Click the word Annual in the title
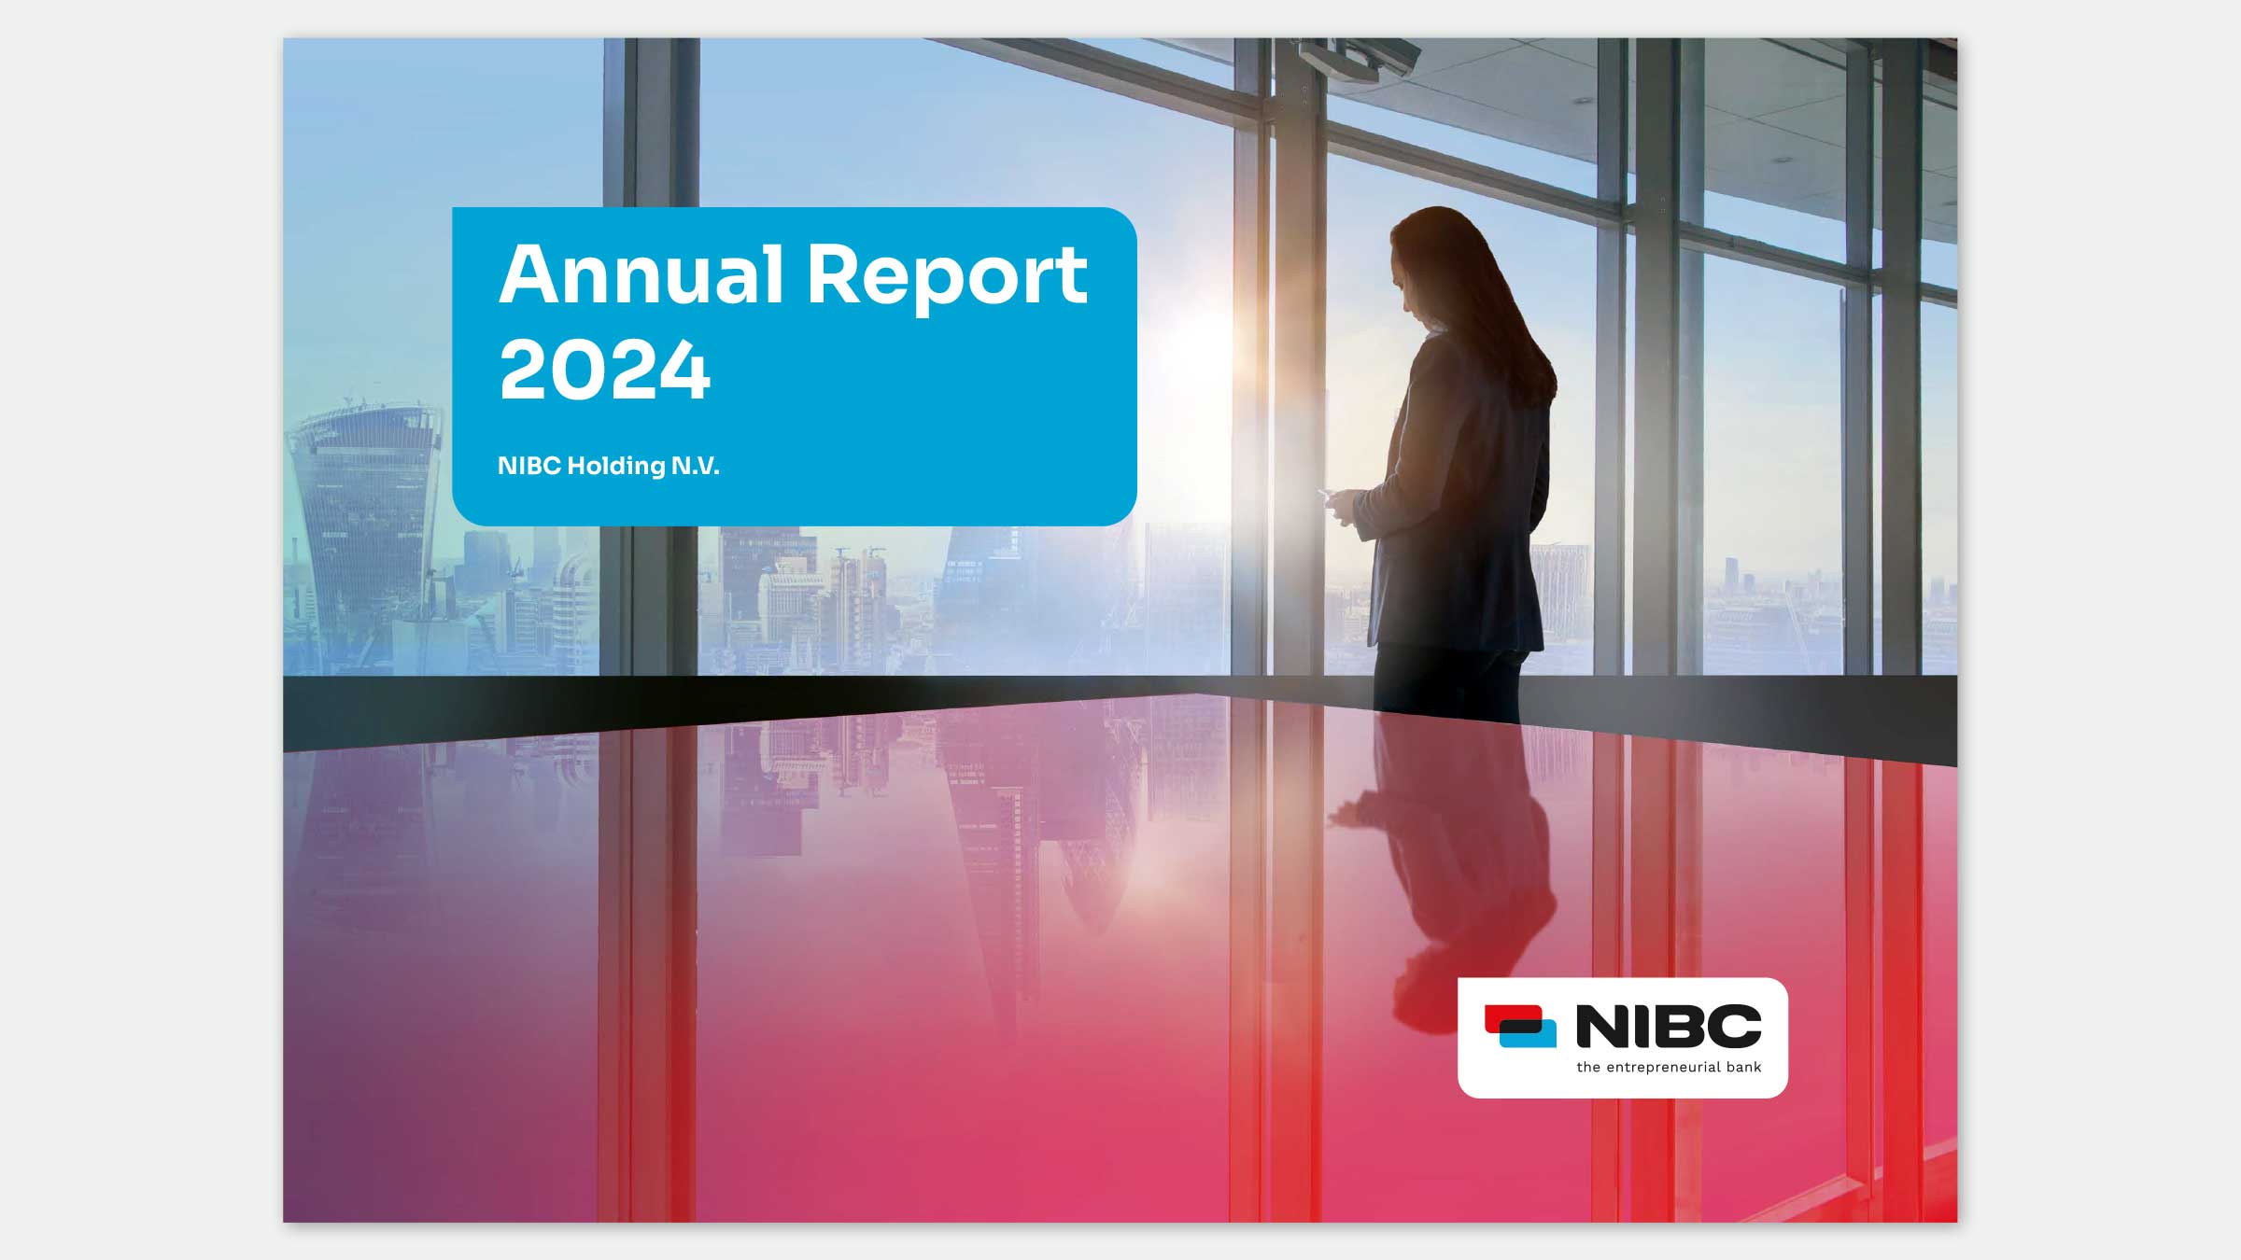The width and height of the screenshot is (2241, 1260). [x=641, y=274]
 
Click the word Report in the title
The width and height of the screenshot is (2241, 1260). [x=947, y=278]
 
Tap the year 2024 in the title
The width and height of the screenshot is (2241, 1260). [x=604, y=371]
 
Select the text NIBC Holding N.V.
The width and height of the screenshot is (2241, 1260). [x=608, y=466]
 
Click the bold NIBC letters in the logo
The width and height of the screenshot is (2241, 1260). [x=1669, y=1026]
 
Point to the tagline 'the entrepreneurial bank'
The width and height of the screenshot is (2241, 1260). [x=1669, y=1067]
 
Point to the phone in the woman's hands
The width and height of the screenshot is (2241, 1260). [x=1326, y=493]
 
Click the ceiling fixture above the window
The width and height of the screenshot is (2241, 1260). [x=1359, y=58]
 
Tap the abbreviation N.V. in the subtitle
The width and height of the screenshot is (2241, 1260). [x=696, y=466]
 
